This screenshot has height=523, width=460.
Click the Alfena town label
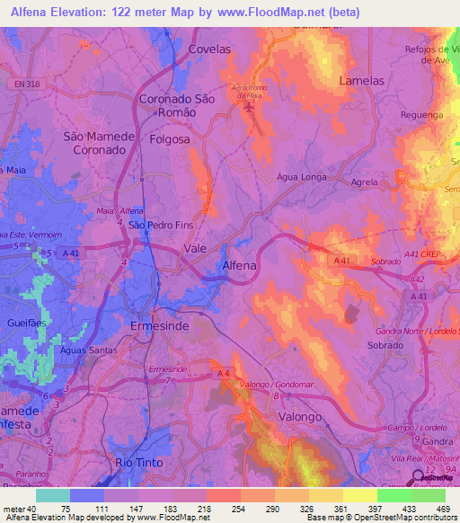tap(239, 266)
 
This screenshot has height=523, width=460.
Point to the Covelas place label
tap(209, 49)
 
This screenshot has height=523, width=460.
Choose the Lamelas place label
tap(361, 80)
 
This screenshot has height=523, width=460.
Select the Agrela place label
tap(364, 182)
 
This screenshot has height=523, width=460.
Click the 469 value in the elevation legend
tap(443, 510)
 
